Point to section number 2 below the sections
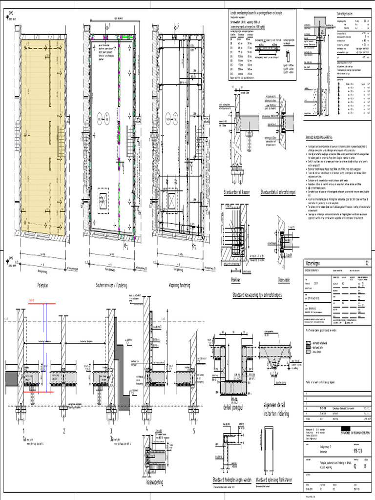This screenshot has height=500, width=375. pos(63,431)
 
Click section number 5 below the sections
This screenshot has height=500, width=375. pos(193,431)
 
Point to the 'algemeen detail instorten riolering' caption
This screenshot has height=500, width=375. pos(276,410)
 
